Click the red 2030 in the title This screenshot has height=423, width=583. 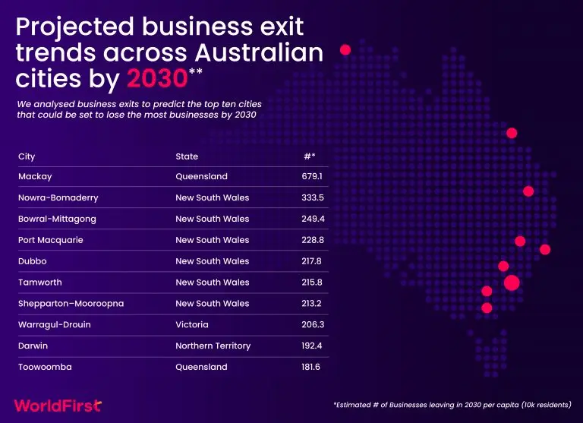pos(157,78)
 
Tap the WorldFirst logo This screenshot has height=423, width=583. pos(58,406)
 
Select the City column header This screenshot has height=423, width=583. pos(27,156)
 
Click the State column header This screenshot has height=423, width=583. pos(187,156)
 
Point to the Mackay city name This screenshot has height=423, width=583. pos(35,177)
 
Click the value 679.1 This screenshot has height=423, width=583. pos(312,176)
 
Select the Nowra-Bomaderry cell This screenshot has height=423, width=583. pos(58,197)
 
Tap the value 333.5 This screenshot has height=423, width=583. pos(313,197)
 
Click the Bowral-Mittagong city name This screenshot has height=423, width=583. pos(57,219)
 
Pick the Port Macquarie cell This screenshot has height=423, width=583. pos(51,240)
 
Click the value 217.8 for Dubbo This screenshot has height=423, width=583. pos(311,261)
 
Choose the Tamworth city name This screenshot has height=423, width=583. pos(40,283)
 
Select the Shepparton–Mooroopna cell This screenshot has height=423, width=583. pos(71,304)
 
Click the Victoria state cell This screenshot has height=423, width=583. pos(192,325)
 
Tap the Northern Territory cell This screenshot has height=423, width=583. pos(213,346)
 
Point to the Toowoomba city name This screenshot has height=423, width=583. pos(45,368)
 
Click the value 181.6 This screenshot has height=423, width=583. pos(310,368)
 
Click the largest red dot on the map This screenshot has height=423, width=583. pos(512,283)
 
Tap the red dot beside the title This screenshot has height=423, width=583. pos(345,49)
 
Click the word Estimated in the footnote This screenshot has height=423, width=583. pos(353,405)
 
